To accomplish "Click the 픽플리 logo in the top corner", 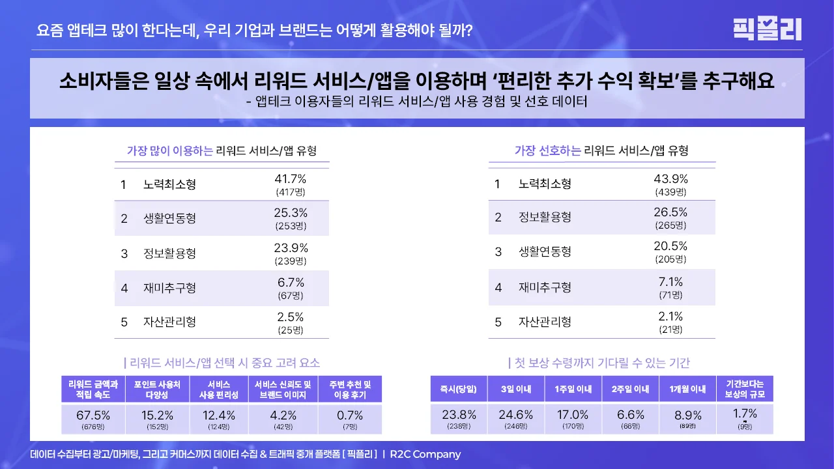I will (767, 29).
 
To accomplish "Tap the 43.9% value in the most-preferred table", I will (670, 179).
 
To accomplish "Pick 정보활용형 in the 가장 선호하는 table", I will (545, 218).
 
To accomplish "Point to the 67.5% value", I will (93, 415).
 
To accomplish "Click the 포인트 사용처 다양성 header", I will (157, 390).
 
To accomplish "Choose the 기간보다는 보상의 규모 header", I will (744, 390).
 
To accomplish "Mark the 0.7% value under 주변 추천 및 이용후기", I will (350, 415).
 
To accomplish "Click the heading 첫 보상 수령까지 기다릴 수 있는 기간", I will (599, 363).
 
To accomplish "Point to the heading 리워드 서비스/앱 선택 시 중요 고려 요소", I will (222, 363).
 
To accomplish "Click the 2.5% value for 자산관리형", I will (290, 317).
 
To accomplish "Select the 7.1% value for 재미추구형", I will (670, 282).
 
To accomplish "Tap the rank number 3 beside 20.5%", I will (498, 252).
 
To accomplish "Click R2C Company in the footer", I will (425, 454).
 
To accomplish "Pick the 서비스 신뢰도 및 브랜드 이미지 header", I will (283, 390).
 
